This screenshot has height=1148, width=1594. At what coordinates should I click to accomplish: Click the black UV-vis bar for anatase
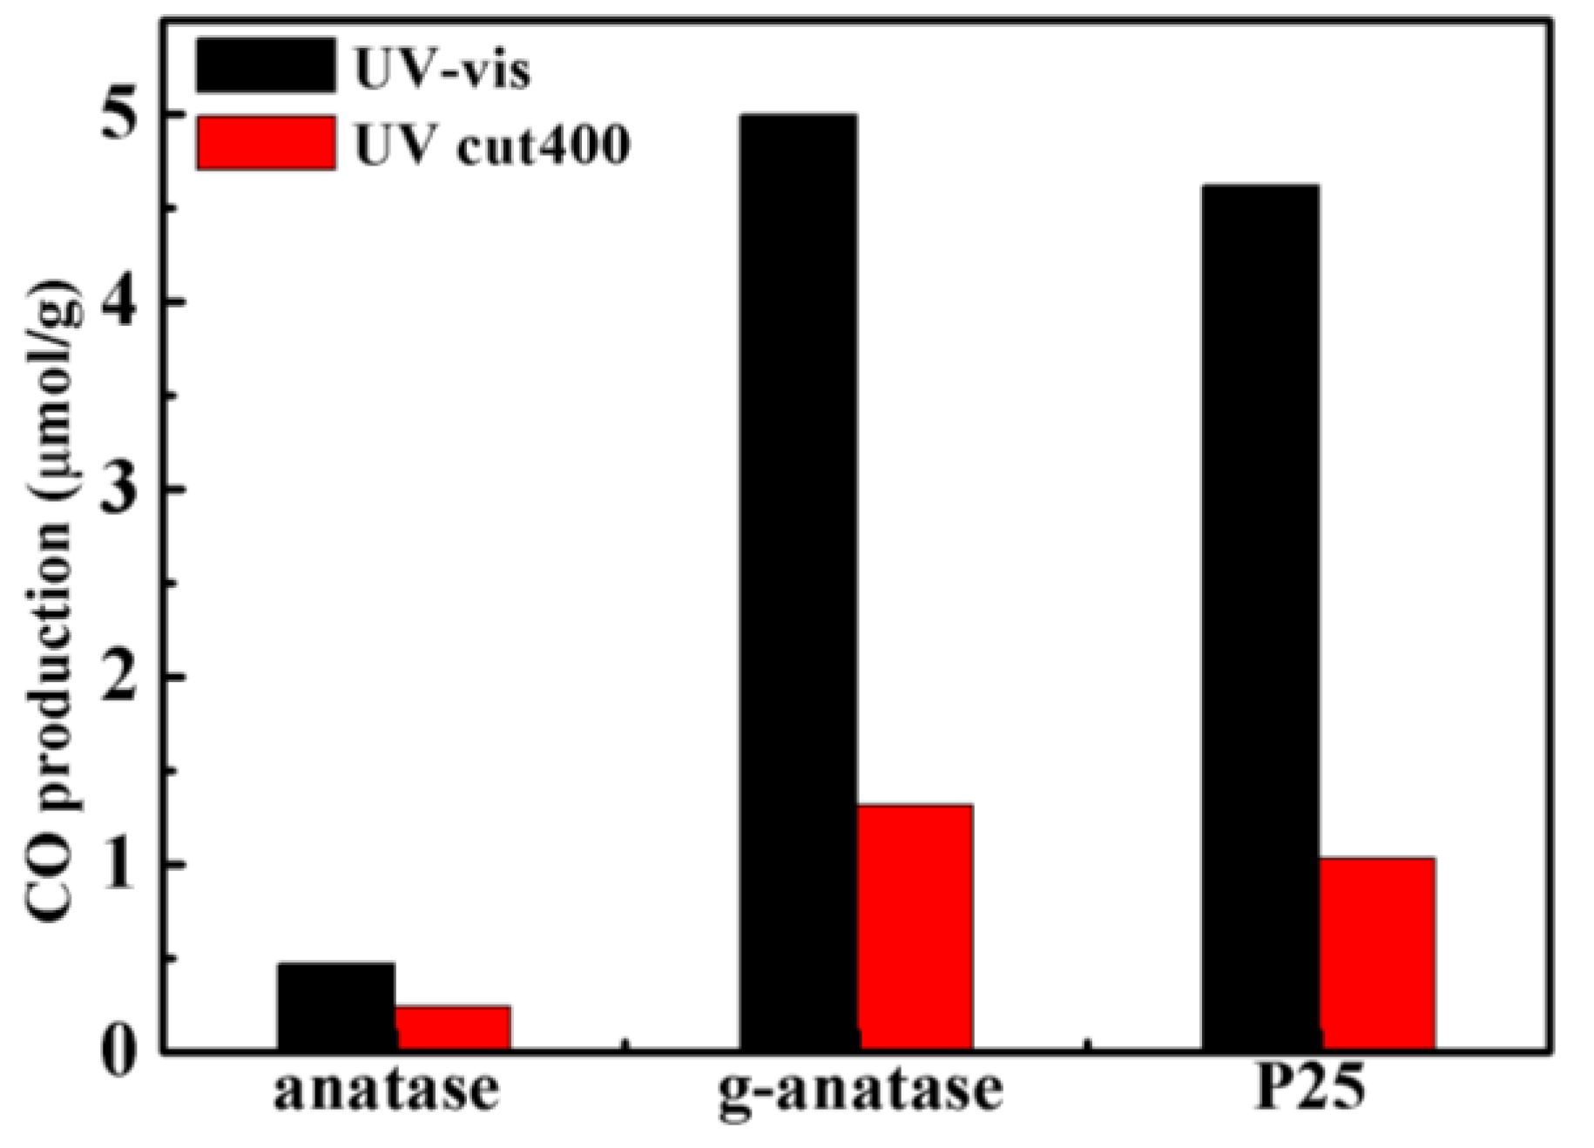[x=335, y=1005]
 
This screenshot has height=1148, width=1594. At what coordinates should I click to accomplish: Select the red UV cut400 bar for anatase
[x=453, y=1027]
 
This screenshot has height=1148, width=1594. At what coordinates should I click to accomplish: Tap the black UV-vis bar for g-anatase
[x=797, y=581]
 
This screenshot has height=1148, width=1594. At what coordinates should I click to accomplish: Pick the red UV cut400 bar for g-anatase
[x=915, y=926]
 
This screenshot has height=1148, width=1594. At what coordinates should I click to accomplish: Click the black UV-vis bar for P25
[x=1260, y=616]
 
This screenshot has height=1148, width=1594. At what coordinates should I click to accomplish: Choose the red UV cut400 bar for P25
[x=1377, y=953]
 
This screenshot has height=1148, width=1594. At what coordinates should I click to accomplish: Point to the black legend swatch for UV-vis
[x=266, y=64]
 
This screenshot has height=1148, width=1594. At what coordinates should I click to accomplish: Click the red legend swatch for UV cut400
[x=266, y=143]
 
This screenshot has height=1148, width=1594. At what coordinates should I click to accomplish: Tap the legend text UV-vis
[x=442, y=70]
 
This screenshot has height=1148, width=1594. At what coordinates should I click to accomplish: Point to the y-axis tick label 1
[x=120, y=864]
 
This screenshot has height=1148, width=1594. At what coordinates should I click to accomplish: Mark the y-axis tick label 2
[x=120, y=677]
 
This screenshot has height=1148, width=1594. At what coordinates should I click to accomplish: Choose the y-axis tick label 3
[x=120, y=490]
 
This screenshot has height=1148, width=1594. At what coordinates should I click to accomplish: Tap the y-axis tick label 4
[x=120, y=302]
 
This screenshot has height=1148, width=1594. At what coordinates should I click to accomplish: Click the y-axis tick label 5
[x=120, y=115]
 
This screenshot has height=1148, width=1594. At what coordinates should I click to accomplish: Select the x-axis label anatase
[x=387, y=1091]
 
